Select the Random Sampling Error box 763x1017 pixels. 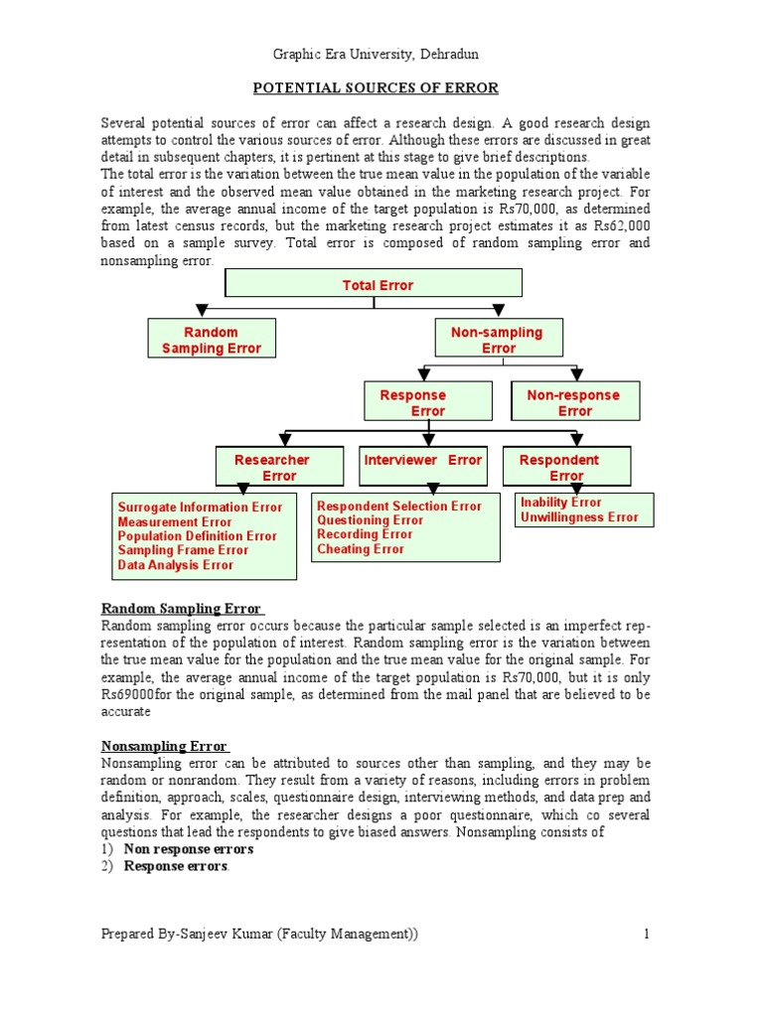(211, 340)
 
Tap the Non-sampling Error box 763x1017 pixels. (498, 340)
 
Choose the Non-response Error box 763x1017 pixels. (574, 402)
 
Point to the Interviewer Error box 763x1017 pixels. (422, 461)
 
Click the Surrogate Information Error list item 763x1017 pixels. (200, 507)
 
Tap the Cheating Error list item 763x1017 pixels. (361, 549)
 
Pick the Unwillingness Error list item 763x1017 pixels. (579, 517)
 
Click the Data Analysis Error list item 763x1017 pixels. (175, 565)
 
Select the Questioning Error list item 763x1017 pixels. (370, 520)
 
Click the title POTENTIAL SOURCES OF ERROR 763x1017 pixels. (376, 88)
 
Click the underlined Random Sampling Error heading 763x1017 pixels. (182, 609)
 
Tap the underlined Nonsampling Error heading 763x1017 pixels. (165, 746)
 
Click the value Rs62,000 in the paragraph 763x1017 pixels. (623, 226)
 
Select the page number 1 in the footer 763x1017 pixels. (646, 934)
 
